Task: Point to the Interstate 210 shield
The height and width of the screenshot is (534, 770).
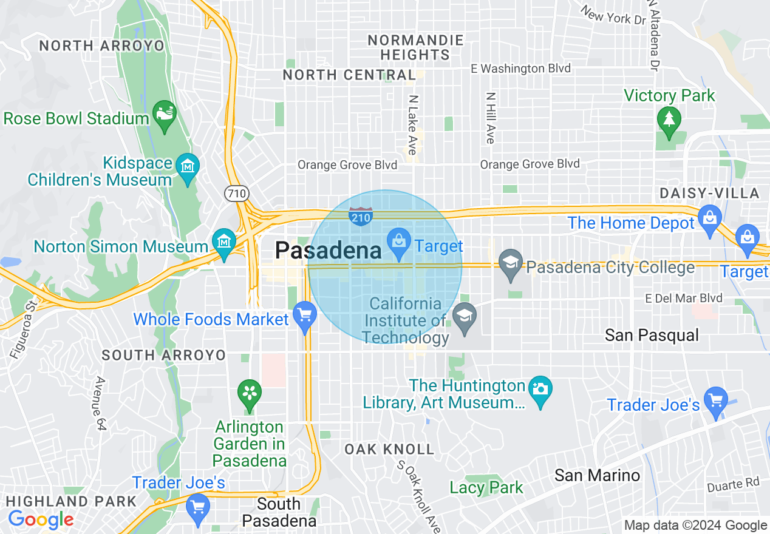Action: (361, 215)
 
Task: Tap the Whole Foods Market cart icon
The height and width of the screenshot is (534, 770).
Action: (305, 316)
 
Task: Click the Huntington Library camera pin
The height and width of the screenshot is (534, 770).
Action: (540, 388)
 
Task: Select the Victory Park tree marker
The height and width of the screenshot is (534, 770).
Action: (669, 118)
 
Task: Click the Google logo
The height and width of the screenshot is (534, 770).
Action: (41, 519)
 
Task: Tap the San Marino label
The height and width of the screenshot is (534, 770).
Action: (597, 475)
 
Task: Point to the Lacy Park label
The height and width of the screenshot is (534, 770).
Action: (486, 487)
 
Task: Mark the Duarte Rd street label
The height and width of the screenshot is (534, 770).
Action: (733, 485)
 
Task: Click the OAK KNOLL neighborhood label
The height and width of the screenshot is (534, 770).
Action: (389, 449)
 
